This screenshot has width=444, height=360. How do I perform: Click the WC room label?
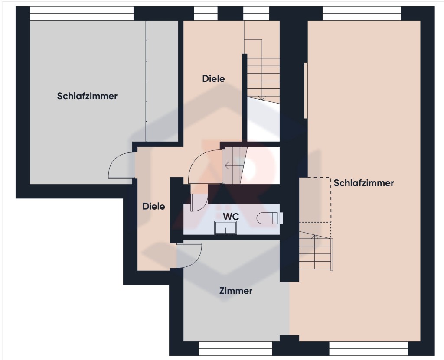231,217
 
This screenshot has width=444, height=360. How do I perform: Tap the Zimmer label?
236,291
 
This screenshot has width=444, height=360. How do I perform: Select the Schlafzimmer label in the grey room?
87,96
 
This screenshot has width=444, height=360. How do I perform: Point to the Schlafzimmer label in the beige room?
364,183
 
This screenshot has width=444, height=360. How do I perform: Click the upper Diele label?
213,79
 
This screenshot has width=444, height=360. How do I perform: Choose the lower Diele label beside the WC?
154,206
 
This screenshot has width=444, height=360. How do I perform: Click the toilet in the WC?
269,218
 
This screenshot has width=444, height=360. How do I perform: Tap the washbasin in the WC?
225,228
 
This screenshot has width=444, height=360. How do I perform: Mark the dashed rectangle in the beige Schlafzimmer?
315,200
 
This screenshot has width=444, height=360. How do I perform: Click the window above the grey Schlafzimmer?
82,13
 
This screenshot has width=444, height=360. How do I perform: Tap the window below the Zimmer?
235,348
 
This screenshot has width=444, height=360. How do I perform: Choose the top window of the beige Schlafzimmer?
362,13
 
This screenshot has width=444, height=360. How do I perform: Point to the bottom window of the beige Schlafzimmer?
369,348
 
